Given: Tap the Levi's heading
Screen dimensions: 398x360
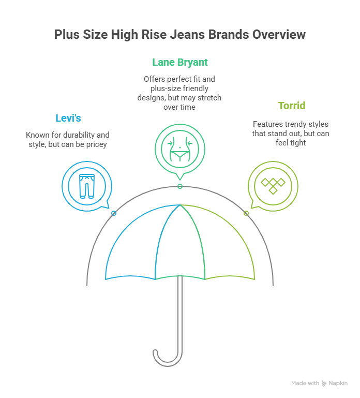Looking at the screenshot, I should [x=68, y=119].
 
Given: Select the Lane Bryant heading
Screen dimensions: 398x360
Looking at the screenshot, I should [x=180, y=63].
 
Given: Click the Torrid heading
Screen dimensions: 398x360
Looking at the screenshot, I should [x=291, y=106].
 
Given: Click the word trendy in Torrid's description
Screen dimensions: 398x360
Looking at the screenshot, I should [x=294, y=125].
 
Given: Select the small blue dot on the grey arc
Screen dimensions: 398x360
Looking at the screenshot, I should [x=114, y=213].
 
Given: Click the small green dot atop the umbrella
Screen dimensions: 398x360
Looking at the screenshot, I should [x=180, y=186].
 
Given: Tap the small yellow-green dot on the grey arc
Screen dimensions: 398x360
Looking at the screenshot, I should [x=246, y=213].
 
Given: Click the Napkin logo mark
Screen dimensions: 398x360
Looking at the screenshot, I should [x=324, y=384].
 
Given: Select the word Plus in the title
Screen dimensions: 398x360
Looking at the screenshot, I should [x=67, y=35].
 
